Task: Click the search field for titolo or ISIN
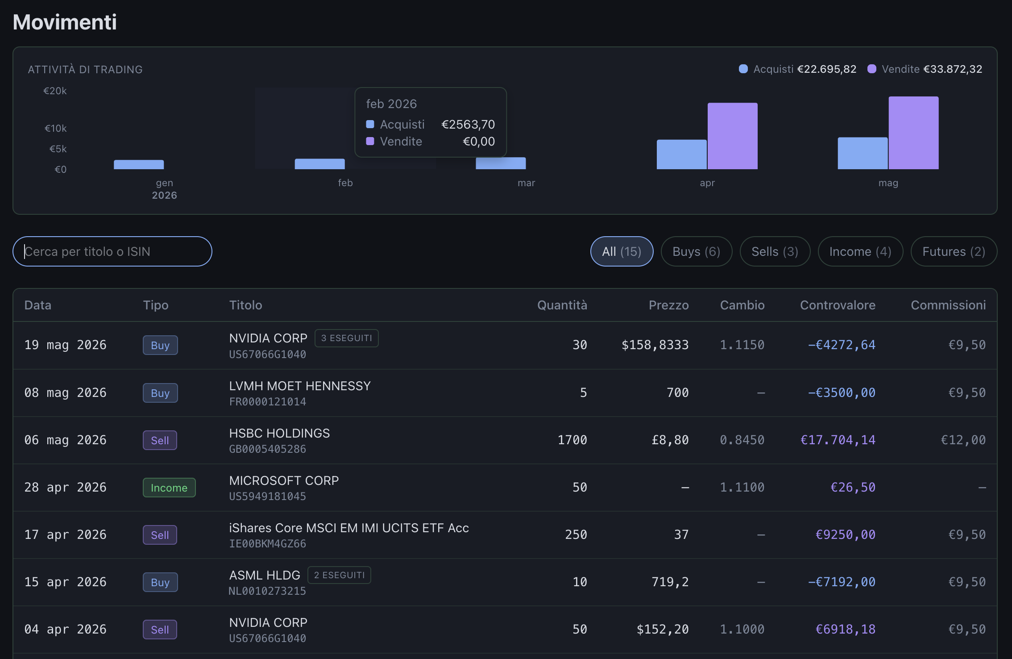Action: [x=112, y=251]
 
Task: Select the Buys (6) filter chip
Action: [x=696, y=251]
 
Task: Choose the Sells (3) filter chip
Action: [x=775, y=251]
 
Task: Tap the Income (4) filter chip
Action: [x=860, y=251]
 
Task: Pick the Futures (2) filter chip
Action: [x=954, y=251]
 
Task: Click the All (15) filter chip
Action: [x=622, y=251]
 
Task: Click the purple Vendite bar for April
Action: [x=733, y=136]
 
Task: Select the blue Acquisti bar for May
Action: [x=863, y=153]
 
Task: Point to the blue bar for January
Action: [x=139, y=165]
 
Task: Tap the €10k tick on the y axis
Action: [x=55, y=129]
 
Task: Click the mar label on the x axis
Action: [x=526, y=183]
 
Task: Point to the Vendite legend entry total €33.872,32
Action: [x=953, y=69]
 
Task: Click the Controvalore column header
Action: [x=838, y=305]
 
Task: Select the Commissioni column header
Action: [x=948, y=305]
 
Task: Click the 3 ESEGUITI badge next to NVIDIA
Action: [x=347, y=338]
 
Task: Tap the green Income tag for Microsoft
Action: [x=169, y=488]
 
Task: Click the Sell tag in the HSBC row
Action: [x=160, y=440]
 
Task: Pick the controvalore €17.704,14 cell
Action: [x=838, y=440]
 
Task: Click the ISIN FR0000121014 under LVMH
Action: [x=268, y=402]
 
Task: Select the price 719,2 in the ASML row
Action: [x=670, y=582]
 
